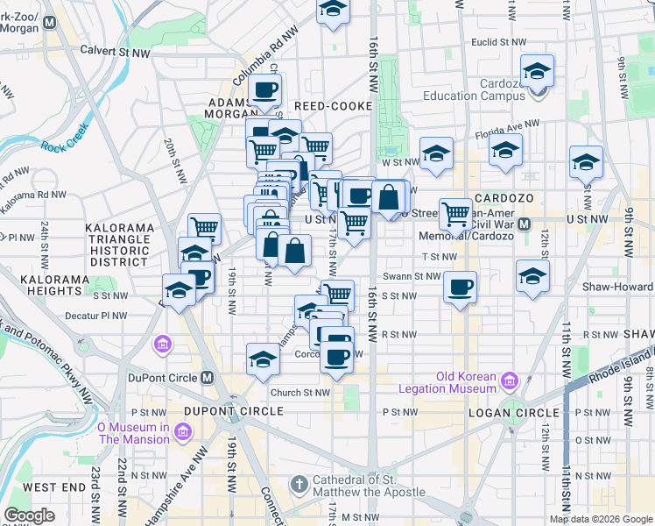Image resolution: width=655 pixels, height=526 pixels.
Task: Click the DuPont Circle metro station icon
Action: [207, 378]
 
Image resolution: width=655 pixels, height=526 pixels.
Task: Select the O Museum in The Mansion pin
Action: [182, 431]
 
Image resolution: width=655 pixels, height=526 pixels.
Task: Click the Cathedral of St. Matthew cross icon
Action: [299, 484]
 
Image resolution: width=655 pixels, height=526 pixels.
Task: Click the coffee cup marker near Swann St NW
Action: [460, 287]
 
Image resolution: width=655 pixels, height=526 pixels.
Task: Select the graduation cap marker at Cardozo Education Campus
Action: [537, 70]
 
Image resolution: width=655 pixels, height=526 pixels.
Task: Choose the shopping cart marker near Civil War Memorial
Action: [455, 212]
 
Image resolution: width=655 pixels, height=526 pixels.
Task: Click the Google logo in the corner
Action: [29, 515]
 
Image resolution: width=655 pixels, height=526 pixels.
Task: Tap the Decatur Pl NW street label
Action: [97, 316]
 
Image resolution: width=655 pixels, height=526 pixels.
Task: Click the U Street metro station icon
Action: [524, 224]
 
